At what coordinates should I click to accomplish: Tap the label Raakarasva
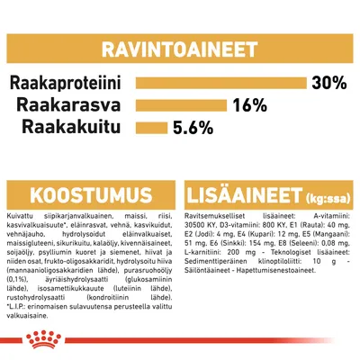coord(76,105)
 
